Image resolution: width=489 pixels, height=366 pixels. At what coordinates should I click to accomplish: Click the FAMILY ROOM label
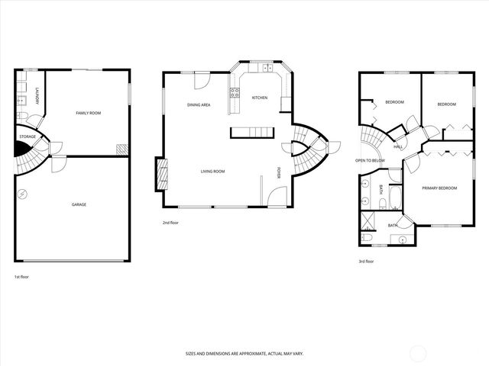(x=88, y=113)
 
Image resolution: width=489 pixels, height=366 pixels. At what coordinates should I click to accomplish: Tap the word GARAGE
(x=79, y=205)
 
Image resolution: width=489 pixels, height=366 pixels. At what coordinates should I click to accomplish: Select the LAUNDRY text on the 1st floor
(x=36, y=96)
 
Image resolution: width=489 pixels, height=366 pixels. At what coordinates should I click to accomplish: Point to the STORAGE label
(x=28, y=137)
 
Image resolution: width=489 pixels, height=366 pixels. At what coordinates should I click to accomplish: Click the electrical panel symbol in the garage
(x=22, y=194)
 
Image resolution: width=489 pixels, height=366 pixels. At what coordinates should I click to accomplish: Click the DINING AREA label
(x=199, y=104)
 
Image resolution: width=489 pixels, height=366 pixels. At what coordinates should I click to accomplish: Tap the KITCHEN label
(x=260, y=98)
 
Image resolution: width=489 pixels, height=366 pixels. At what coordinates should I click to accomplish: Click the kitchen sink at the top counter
(x=267, y=69)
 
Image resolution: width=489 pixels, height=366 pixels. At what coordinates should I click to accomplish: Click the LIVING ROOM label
(x=212, y=172)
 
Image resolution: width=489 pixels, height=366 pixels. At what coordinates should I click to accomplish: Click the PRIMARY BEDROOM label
(x=439, y=187)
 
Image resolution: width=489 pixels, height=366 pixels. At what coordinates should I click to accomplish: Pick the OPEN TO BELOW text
(x=370, y=161)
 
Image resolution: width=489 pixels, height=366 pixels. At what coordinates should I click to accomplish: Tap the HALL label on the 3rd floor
(x=398, y=146)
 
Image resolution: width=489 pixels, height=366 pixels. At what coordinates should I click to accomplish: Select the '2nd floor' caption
(x=170, y=223)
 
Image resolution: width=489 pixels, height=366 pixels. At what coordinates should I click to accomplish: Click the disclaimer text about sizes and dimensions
(x=244, y=353)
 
